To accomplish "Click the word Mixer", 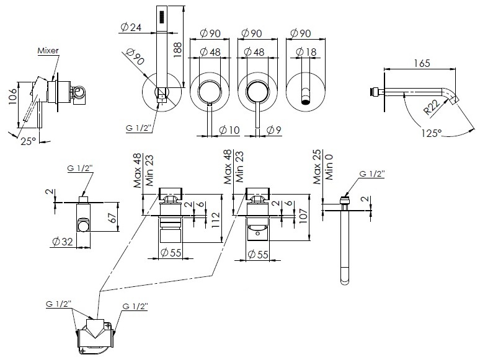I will [48, 50].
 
